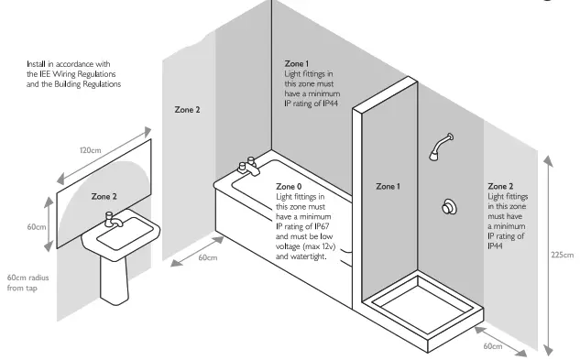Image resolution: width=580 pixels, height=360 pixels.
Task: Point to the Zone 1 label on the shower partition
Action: pos(388,186)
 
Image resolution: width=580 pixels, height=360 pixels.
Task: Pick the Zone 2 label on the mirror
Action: pos(104,196)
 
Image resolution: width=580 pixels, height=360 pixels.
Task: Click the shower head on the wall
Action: pos(441,147)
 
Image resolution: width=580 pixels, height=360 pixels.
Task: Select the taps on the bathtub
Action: pos(247,167)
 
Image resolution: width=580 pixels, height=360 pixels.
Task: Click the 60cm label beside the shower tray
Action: pos(493,346)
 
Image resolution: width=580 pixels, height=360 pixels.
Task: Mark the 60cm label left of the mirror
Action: pos(37,226)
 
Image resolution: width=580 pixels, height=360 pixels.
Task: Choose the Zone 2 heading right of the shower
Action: pos(500,185)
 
